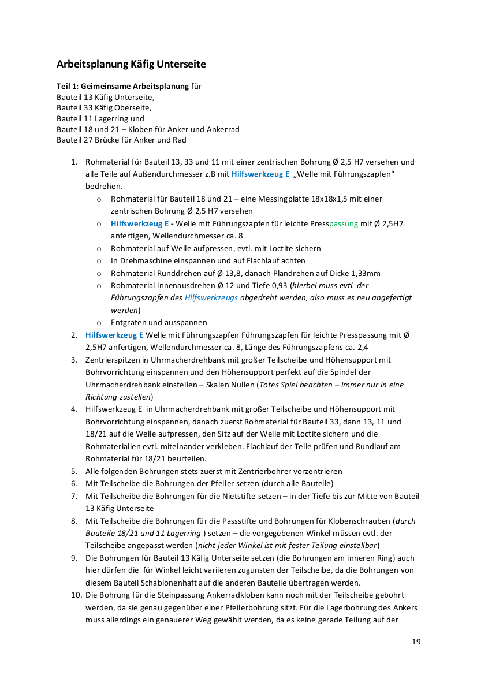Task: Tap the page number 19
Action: pos(416,642)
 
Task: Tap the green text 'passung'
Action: pos(343,223)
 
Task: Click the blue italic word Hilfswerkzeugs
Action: pos(211,298)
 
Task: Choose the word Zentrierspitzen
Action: pos(113,360)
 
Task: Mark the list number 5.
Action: pos(74,472)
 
